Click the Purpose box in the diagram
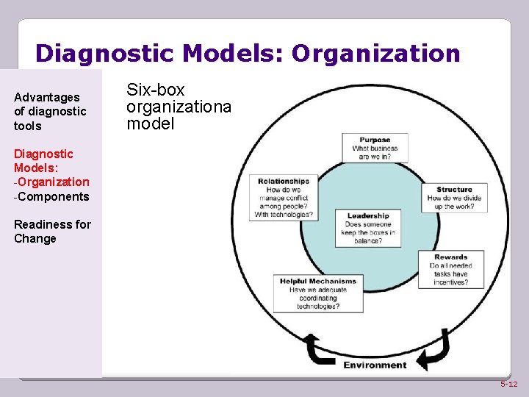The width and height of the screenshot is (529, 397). pos(375,148)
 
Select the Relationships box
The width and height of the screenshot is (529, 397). pos(284,198)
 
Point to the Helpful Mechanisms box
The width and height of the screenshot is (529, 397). pos(318,293)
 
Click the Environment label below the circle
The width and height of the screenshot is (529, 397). pos(375,365)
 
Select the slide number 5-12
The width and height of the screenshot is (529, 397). pos(508,385)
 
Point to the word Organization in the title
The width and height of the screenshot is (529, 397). pos(376,54)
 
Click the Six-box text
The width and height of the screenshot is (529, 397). pos(156,90)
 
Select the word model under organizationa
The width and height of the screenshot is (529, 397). pos(151,124)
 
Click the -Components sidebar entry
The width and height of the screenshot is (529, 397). pos(51,196)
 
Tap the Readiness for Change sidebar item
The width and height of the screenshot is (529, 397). pos(52,231)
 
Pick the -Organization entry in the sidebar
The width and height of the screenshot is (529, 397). pos(51,182)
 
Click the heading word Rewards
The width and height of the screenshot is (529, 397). pos(450,257)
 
